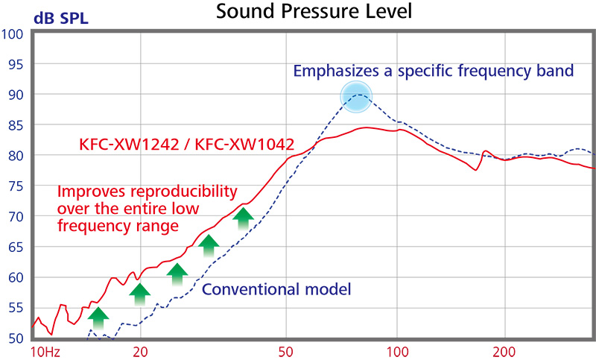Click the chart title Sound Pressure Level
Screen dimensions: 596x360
pos(314,11)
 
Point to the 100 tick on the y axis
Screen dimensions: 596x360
pos(12,34)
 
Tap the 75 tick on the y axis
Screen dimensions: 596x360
pos(16,186)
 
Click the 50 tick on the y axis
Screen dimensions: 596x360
pos(16,338)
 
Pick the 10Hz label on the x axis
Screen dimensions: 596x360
pos(45,352)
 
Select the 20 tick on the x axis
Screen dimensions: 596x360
pos(140,352)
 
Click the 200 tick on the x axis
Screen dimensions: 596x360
pos(505,352)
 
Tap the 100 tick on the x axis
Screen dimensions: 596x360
pos(397,352)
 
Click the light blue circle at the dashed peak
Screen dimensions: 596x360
pos(356,97)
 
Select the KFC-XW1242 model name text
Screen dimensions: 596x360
pos(129,145)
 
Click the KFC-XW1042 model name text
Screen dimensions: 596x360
pos(245,145)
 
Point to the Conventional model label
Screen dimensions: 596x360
pos(276,289)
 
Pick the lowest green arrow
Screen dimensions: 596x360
pos(98,318)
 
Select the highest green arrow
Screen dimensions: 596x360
pos(244,218)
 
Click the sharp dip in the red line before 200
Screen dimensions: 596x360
pos(476,170)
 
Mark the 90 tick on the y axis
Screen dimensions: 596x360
pos(16,95)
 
